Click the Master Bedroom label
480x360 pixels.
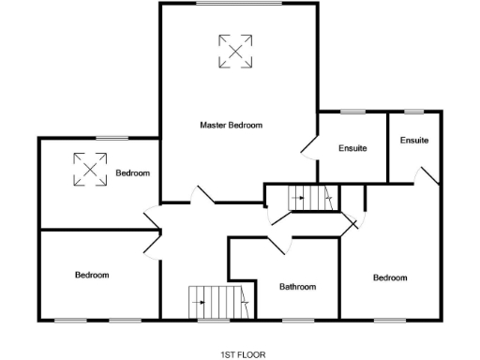[232, 125]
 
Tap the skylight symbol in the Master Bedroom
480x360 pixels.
[235, 51]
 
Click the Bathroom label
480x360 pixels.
[298, 287]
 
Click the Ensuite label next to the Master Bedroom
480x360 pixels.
[352, 148]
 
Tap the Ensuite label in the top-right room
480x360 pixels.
[414, 141]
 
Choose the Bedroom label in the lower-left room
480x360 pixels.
[92, 275]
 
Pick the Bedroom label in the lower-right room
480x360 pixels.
[390, 277]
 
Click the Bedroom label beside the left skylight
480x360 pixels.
[133, 173]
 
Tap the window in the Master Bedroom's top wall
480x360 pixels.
[238, 4]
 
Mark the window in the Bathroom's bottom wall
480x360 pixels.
[298, 320]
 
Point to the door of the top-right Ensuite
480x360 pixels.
[427, 175]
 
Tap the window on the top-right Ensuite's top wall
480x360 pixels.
[413, 112]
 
